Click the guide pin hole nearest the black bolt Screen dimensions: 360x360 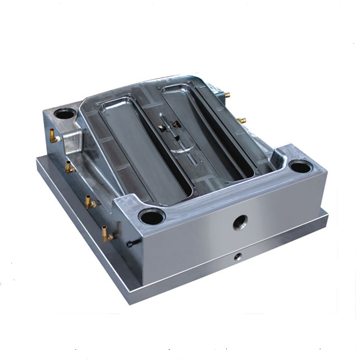[151, 217]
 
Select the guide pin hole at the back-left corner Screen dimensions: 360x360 [65, 113]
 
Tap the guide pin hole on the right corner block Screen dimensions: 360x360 [299, 166]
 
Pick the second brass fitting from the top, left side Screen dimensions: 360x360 [70, 167]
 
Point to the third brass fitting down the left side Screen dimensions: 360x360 [91, 202]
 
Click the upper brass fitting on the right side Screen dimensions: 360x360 [227, 94]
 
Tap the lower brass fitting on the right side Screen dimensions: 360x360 [242, 121]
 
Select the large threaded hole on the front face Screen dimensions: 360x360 [241, 223]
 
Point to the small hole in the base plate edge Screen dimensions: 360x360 [238, 256]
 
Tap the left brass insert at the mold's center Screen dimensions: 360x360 [163, 128]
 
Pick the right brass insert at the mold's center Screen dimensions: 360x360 [177, 125]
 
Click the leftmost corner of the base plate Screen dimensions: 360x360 [36, 159]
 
